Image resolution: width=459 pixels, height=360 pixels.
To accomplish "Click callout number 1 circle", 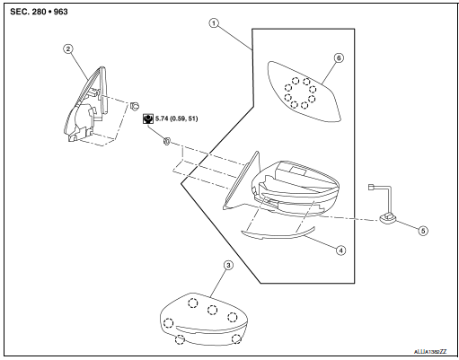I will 212,24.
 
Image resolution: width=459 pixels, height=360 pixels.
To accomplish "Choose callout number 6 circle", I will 339,56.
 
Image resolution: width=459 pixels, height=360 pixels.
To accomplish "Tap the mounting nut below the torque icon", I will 168,140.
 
